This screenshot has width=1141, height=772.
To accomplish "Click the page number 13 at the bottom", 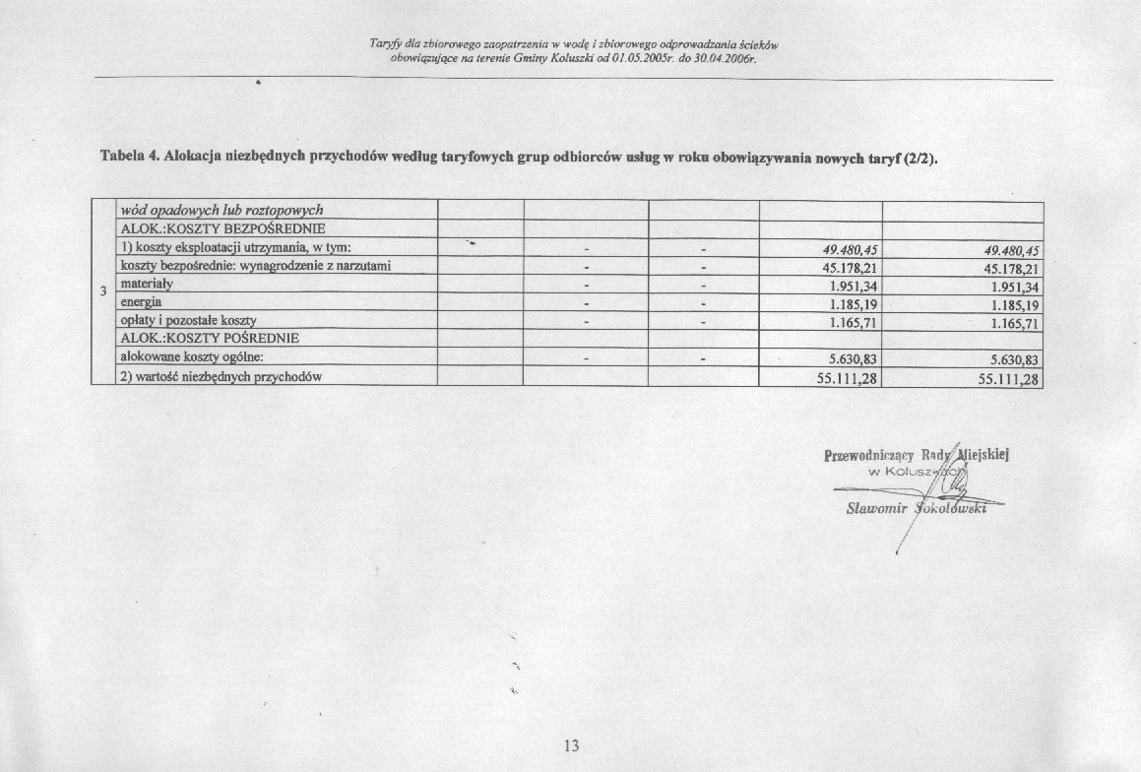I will click(572, 745).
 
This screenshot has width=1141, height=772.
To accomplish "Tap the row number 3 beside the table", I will click(103, 290).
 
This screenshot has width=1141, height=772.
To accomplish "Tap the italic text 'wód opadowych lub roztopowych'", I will click(221, 210).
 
